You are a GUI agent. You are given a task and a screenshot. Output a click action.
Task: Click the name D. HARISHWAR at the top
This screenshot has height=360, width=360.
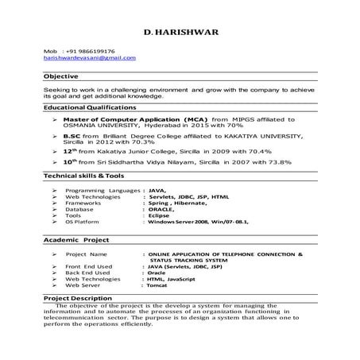[179, 34]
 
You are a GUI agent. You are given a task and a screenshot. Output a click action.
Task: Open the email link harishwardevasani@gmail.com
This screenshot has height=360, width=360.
[89, 58]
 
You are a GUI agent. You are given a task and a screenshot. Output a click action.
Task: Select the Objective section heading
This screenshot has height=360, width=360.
[60, 76]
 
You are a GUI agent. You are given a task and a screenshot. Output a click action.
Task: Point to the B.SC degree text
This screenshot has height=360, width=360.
[72, 135]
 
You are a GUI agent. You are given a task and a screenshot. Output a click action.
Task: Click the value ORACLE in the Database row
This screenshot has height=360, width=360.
[161, 210]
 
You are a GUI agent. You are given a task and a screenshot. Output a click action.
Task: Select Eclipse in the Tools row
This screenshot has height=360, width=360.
[159, 216]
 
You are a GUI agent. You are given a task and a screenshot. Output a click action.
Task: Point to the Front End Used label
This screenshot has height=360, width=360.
[88, 266]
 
